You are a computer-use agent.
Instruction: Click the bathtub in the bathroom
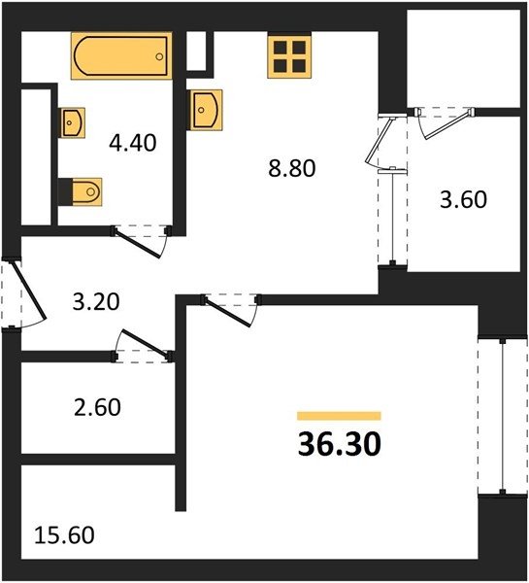tap(121, 55)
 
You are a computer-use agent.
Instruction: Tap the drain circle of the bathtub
tap(159, 57)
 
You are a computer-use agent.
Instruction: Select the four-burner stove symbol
tap(289, 57)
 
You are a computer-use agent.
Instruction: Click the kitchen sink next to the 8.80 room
tap(205, 110)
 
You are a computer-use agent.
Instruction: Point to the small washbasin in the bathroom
tap(72, 122)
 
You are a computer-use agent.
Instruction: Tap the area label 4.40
tap(133, 143)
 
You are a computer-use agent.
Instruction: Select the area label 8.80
tap(292, 168)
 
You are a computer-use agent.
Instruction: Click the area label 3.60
tap(463, 199)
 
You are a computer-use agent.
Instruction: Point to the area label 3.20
tap(96, 301)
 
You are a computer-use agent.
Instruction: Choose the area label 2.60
tap(97, 407)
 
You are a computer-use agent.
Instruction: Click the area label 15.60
tap(64, 535)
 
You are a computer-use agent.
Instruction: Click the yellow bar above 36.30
tap(339, 416)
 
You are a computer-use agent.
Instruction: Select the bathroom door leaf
tap(138, 244)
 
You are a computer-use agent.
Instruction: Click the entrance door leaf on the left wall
tap(28, 290)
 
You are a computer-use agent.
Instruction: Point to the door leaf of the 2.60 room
tap(146, 342)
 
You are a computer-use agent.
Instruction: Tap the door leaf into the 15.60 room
tap(227, 312)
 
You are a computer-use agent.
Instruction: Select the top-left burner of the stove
tap(281, 48)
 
